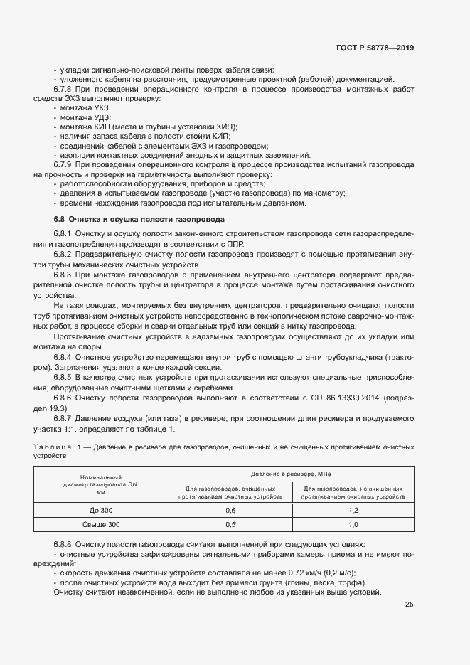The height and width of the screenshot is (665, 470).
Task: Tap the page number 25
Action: click(409, 605)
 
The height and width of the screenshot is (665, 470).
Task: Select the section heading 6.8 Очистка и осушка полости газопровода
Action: click(139, 219)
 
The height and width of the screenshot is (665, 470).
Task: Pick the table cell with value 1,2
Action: click(353, 511)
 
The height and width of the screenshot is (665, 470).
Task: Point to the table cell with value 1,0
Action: click(353, 524)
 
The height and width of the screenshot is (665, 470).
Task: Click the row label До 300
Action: click(101, 511)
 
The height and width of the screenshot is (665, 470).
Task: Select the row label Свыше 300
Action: click(101, 524)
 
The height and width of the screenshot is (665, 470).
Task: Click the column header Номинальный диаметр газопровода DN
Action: click(101, 484)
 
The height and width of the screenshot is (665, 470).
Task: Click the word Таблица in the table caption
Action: click(52, 446)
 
